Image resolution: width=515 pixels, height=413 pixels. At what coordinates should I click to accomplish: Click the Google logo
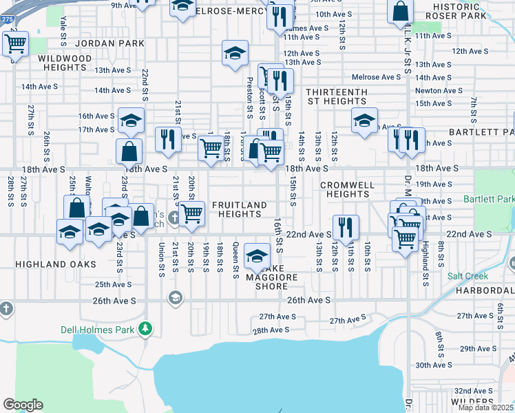click(x=23, y=405)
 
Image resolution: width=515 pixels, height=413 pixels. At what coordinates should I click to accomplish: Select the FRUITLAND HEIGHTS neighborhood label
click(x=239, y=209)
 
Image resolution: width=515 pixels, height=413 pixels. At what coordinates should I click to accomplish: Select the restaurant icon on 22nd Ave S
click(x=346, y=226)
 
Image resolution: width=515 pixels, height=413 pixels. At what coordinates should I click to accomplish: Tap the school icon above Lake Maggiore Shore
click(x=257, y=256)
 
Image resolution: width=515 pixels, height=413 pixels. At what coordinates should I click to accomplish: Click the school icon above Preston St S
click(x=235, y=52)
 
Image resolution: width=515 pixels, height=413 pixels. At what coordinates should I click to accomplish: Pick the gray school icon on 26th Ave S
click(x=176, y=297)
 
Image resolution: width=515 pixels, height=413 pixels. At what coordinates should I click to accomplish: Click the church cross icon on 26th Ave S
click(x=6, y=307)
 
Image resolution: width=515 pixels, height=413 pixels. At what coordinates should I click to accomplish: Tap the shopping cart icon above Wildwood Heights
click(x=15, y=44)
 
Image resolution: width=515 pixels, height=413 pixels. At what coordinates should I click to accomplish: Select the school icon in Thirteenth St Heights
click(x=364, y=120)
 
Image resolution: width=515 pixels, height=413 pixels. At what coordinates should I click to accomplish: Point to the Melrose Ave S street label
click(x=377, y=77)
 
